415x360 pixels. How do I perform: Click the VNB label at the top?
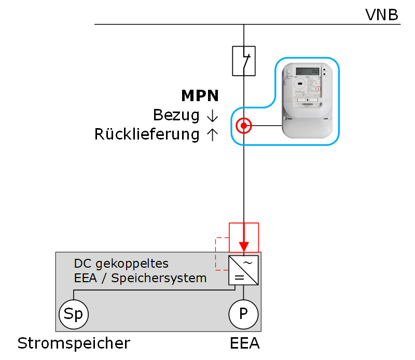click(x=382, y=15)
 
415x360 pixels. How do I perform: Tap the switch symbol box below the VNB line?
click(x=244, y=61)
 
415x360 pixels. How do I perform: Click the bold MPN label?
click(x=200, y=96)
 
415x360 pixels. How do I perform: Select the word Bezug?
click(x=176, y=115)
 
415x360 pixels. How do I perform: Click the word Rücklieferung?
click(x=147, y=135)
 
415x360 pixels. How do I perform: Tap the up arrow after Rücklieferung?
click(x=212, y=135)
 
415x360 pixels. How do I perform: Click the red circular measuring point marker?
click(x=244, y=126)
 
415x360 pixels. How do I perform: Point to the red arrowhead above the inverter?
click(x=244, y=246)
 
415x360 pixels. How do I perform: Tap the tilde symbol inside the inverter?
click(x=248, y=262)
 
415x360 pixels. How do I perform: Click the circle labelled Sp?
click(x=73, y=314)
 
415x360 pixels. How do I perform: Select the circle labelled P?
click(x=244, y=314)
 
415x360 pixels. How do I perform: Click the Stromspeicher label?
click(x=74, y=343)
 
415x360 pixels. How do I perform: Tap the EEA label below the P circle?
click(x=244, y=343)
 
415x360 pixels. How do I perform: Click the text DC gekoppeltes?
click(x=121, y=263)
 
